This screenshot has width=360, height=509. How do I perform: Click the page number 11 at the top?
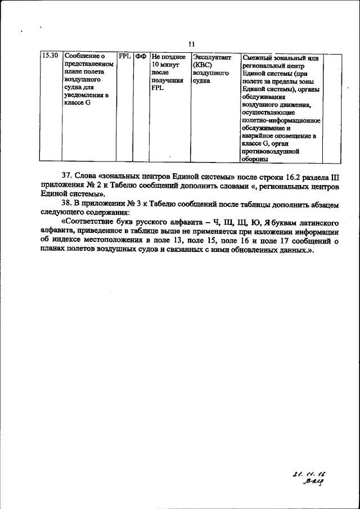coord(192,45)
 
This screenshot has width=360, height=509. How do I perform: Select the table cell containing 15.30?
coord(51,57)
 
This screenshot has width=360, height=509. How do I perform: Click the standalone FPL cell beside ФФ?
coord(125,57)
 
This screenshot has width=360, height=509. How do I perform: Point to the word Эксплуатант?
coord(211,57)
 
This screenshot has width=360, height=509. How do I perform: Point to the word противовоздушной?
coord(271,151)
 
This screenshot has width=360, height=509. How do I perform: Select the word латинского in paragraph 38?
coord(316,220)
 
